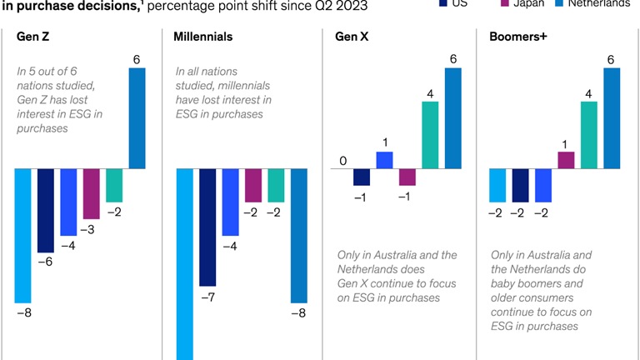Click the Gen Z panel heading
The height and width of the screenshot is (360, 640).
tap(33, 37)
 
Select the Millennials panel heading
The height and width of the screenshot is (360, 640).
tap(203, 37)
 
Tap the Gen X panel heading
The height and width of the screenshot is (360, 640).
tap(352, 37)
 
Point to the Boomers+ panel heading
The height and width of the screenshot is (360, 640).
tap(516, 37)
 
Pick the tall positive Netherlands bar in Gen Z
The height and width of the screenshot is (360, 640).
tap(137, 118)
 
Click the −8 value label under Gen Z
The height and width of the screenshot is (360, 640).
tap(23, 312)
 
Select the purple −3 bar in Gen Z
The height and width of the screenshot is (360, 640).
tap(92, 194)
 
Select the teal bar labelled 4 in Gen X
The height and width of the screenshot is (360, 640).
tap(430, 135)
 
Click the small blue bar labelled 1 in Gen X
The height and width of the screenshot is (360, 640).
tap(384, 160)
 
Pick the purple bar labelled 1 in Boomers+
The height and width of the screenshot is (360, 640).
tap(566, 160)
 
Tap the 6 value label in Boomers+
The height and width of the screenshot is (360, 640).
tap(612, 59)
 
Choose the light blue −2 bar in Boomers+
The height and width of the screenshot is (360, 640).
tap(497, 185)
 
